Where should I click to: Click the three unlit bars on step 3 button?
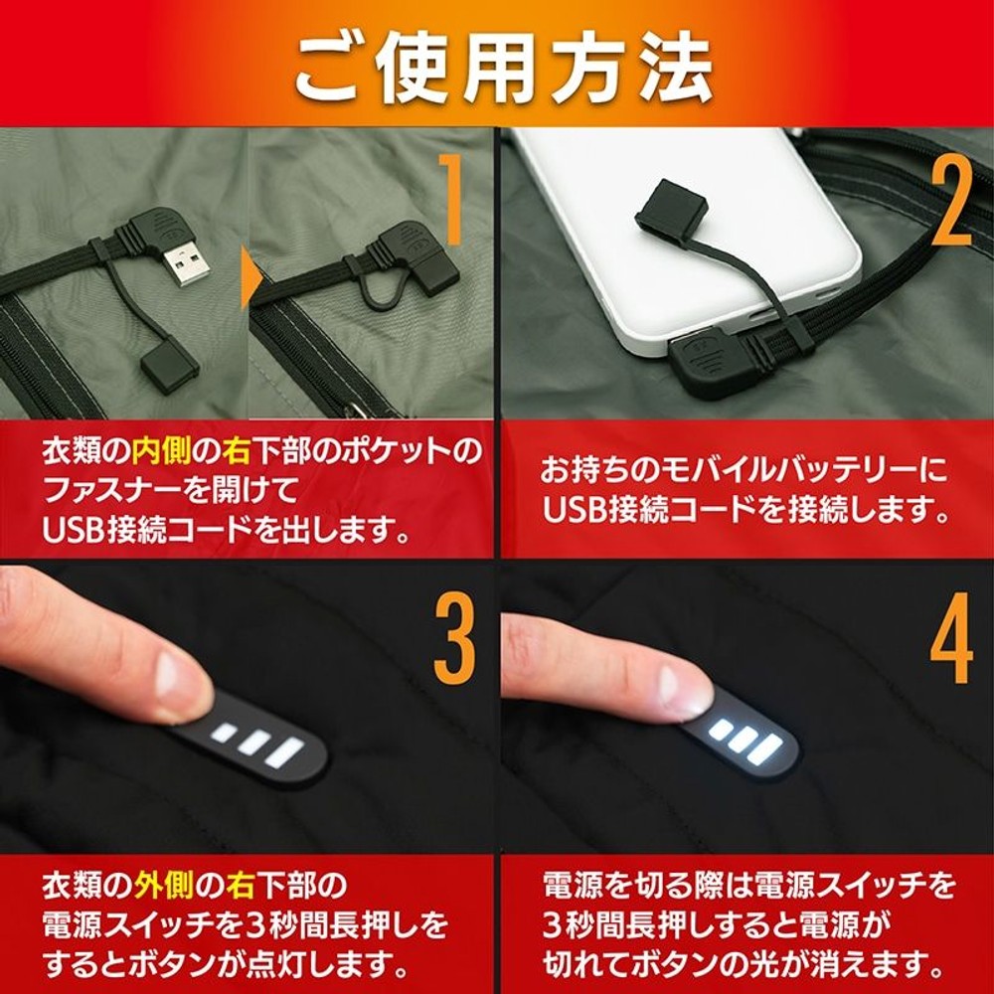258,745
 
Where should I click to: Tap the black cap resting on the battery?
671,211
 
